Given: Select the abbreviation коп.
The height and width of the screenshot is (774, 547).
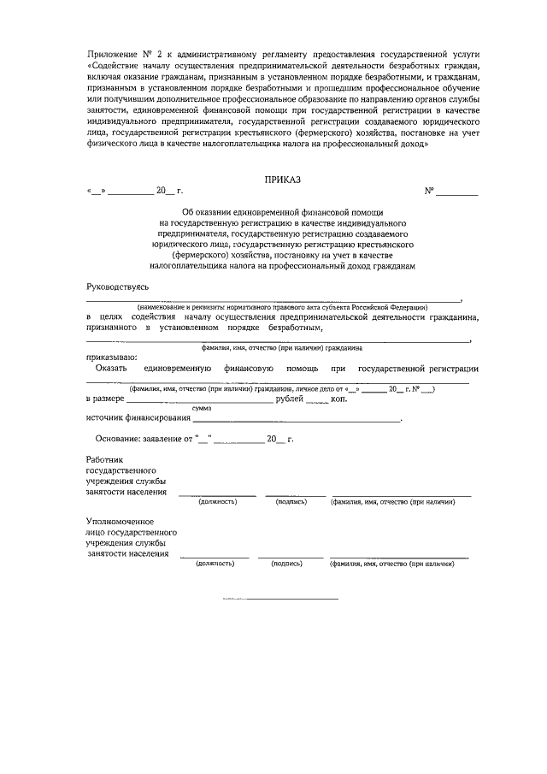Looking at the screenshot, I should point(338,399).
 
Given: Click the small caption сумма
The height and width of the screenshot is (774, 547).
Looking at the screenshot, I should point(202,409).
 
